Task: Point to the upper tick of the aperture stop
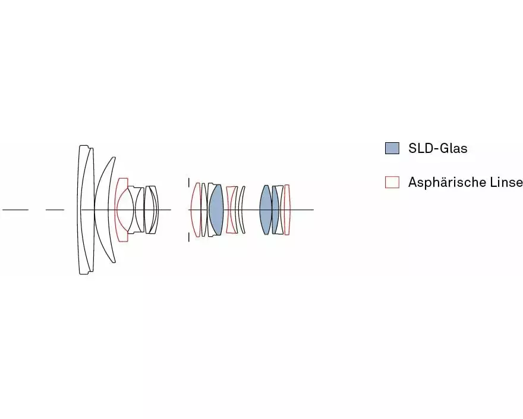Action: pos(189,183)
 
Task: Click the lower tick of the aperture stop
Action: pos(189,237)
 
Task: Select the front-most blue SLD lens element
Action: pos(216,210)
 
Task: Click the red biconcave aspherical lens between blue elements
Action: pos(231,210)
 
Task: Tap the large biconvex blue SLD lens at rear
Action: pos(266,210)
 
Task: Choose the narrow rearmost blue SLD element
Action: pos(275,210)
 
